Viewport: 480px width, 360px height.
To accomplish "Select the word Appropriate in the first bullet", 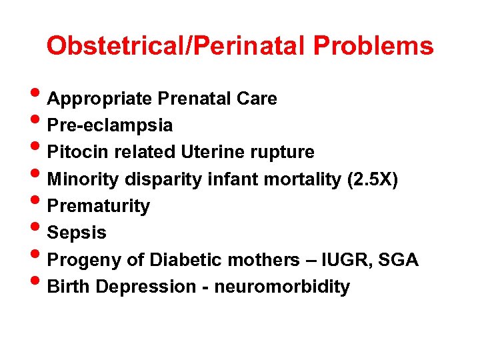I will [x=101, y=99].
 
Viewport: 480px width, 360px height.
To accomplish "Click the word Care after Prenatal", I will [x=256, y=99].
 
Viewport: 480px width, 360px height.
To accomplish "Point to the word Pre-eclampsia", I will [x=110, y=125].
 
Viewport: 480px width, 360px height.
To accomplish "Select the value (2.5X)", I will [x=373, y=179].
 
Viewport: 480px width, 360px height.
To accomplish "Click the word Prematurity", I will [x=99, y=206].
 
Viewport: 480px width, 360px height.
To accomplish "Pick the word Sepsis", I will [x=77, y=233].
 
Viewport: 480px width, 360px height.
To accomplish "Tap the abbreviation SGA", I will [x=399, y=260].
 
